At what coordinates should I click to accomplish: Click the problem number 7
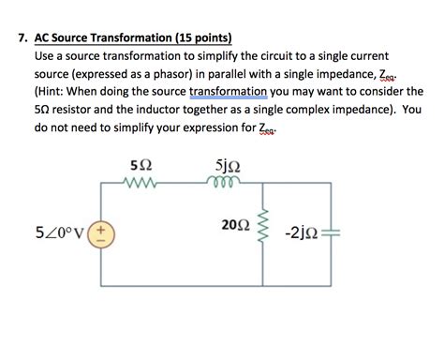pos(22,39)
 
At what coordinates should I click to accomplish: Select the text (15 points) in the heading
pos(198,39)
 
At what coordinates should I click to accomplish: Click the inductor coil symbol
pos(227,185)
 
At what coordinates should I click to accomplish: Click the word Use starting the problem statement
pos(45,57)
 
